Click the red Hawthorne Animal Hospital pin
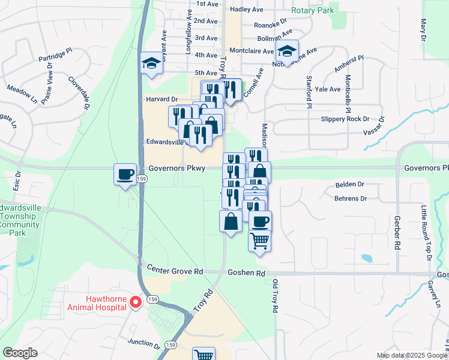pos(136,302)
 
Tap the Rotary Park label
pos(312,11)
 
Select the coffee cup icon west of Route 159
pos(125,174)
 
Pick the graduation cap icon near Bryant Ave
pos(151,62)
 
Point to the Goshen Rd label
pos(246,273)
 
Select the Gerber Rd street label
pos(397,233)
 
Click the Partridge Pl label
pos(55,56)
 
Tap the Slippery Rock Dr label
pos(345,119)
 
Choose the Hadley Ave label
pos(247,10)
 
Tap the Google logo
pos(20,353)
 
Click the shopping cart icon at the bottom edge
pos(204,354)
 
